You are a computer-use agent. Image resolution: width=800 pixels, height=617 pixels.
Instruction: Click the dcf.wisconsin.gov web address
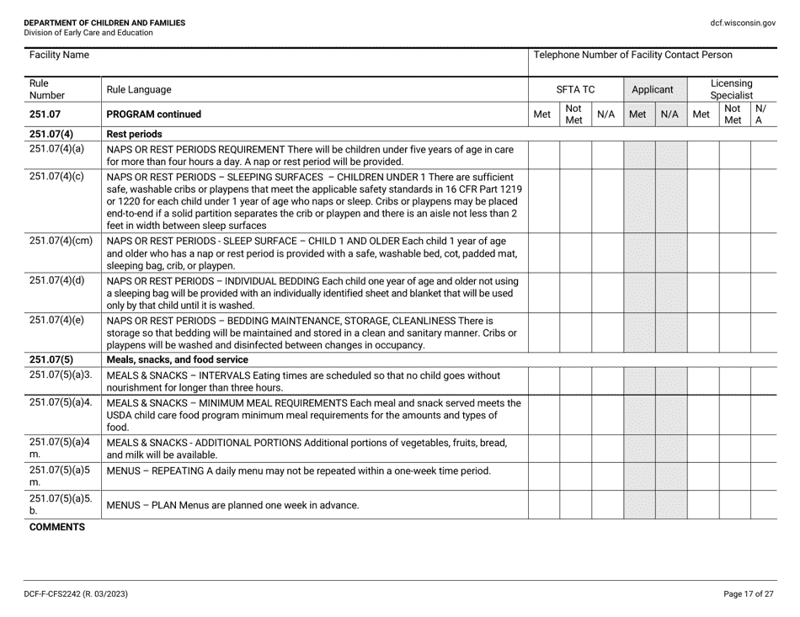click(743, 23)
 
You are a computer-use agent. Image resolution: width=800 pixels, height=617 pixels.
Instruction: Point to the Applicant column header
click(653, 88)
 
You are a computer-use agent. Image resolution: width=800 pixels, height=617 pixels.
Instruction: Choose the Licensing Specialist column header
click(732, 88)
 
